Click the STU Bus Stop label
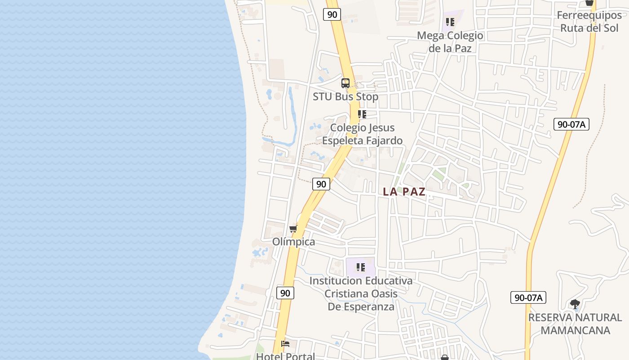click(x=346, y=97)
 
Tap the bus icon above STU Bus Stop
click(x=346, y=83)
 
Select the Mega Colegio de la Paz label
click(x=450, y=42)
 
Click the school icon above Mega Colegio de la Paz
click(x=450, y=22)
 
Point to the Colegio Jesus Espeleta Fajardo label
click(x=362, y=134)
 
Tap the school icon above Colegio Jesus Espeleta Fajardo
click(x=362, y=114)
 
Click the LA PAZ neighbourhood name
click(x=404, y=192)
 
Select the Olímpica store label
click(x=294, y=242)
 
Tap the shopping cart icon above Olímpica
click(x=293, y=229)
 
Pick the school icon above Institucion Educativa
click(x=361, y=268)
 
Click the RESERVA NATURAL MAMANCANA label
click(x=575, y=324)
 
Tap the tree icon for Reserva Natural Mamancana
click(x=575, y=304)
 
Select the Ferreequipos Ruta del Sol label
click(x=589, y=21)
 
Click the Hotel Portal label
click(x=285, y=356)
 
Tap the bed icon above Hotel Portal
click(x=285, y=344)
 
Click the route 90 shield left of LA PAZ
click(x=321, y=184)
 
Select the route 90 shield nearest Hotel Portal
click(x=285, y=293)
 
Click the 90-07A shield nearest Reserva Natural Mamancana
click(x=528, y=297)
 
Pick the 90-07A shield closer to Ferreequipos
click(x=571, y=125)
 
